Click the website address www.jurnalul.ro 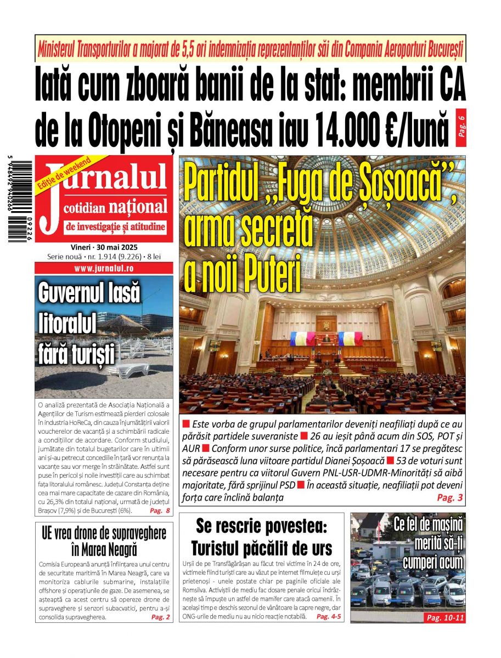[x=103, y=269]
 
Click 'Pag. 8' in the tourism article [x=160, y=511]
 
